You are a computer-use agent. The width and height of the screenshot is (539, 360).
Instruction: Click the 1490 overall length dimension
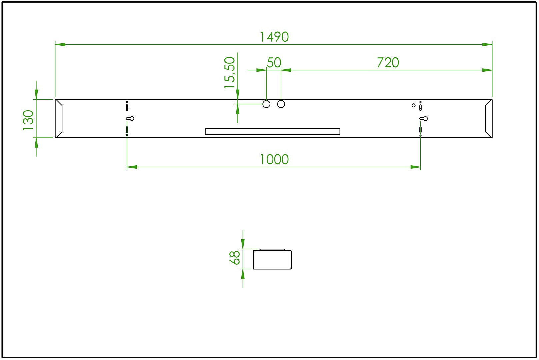click(274, 37)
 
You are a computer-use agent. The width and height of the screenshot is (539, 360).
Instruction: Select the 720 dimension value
click(388, 63)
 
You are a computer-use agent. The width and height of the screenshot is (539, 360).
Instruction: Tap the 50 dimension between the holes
click(274, 63)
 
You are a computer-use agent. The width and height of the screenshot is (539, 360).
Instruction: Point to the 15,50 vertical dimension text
click(230, 73)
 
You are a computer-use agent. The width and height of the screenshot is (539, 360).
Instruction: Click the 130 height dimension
click(29, 120)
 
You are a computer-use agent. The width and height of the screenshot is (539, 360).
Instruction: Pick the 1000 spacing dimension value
click(274, 160)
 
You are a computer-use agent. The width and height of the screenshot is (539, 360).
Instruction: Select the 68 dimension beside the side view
click(235, 258)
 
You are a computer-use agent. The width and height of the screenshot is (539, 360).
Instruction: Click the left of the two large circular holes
click(266, 104)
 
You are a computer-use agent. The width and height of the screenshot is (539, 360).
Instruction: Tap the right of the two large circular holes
click(281, 104)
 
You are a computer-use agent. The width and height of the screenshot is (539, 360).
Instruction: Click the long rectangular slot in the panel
click(272, 132)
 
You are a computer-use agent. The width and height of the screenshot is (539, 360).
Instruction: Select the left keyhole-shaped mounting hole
click(130, 119)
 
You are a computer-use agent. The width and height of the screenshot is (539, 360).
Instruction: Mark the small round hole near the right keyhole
click(414, 105)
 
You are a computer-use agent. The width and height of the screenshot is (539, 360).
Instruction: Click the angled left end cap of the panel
click(59, 118)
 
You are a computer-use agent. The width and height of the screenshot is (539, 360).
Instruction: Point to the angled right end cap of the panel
click(489, 118)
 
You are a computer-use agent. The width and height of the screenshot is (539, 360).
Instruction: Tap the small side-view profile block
click(272, 260)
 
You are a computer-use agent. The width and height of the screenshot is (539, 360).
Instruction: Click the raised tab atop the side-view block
click(272, 249)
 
